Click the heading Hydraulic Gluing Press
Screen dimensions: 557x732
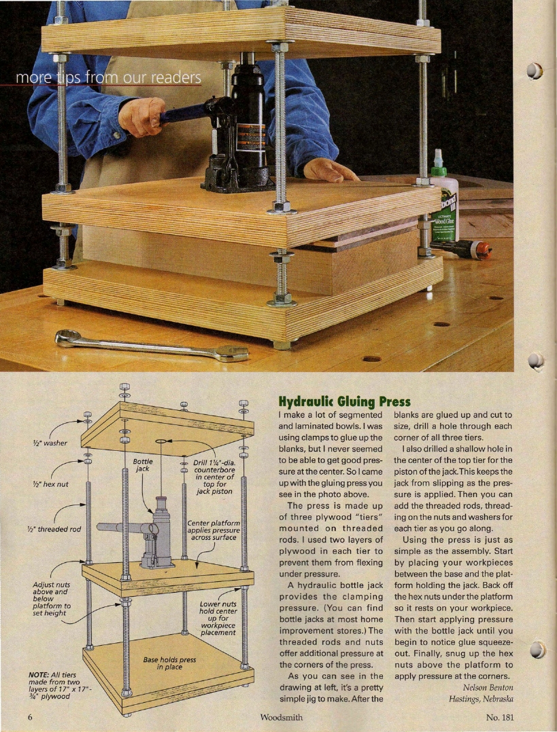345,401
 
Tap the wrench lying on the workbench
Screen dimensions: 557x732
152,346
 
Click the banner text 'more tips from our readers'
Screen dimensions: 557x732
109,77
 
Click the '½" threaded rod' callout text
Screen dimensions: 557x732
53,529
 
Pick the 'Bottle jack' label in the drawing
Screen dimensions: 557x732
143,465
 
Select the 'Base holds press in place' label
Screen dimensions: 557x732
169,663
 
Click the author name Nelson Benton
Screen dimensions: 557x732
488,688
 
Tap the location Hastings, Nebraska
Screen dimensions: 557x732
481,699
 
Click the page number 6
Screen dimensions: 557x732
31,718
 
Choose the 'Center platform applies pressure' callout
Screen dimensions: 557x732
214,530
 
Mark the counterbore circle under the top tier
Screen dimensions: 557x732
161,441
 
